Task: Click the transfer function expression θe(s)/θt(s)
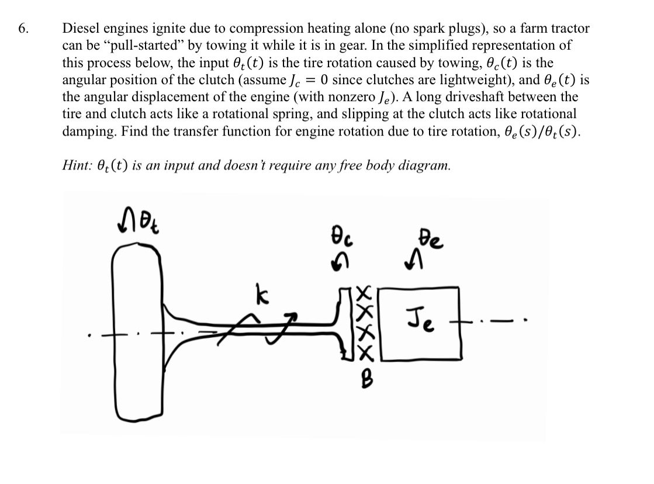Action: (532, 132)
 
